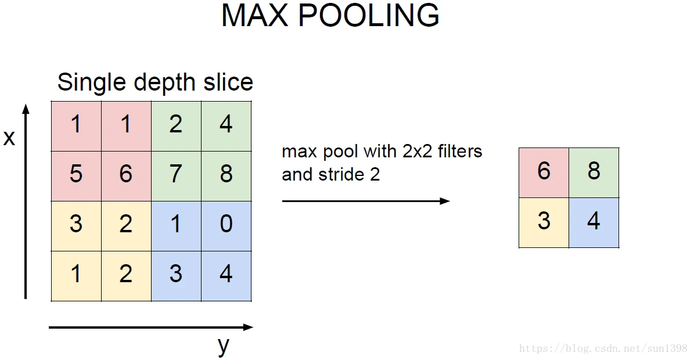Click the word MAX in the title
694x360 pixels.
pos(254,16)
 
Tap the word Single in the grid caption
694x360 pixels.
pos(92,82)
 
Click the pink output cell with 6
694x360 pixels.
pos(544,172)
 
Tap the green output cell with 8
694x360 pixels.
pos(594,172)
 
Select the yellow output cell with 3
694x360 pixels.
pos(544,222)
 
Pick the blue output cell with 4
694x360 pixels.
pos(594,222)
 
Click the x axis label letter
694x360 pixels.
pos(9,138)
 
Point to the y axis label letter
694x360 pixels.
pos(224,346)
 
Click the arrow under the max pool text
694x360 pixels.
pos(366,201)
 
